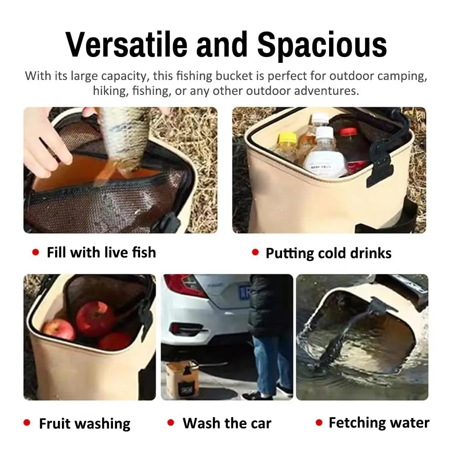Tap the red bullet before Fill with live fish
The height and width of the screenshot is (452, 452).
36,253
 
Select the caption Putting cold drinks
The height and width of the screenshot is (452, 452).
328,253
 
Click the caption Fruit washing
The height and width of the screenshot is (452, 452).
85,424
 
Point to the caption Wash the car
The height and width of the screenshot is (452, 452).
226,424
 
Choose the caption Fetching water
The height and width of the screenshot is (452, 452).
379,423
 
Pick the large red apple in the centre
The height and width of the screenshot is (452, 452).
95,319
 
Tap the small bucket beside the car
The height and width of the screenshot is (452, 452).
182,380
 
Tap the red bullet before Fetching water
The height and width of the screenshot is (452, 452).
319,423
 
